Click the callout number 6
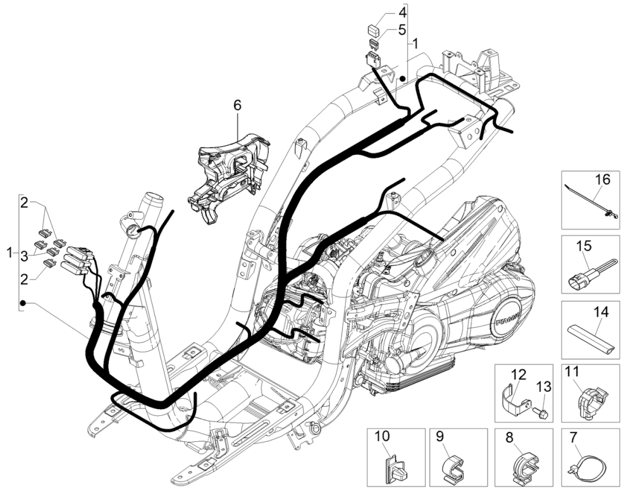pyautogui.click(x=238, y=105)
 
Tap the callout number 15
pyautogui.click(x=583, y=244)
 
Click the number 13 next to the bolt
pyautogui.click(x=544, y=387)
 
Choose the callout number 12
pyautogui.click(x=519, y=374)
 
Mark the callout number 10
pyautogui.click(x=382, y=437)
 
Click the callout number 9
pyautogui.click(x=441, y=436)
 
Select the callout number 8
pyautogui.click(x=510, y=436)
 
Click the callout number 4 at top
pyautogui.click(x=402, y=12)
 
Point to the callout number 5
pyautogui.click(x=402, y=29)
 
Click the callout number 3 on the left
pyautogui.click(x=23, y=255)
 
